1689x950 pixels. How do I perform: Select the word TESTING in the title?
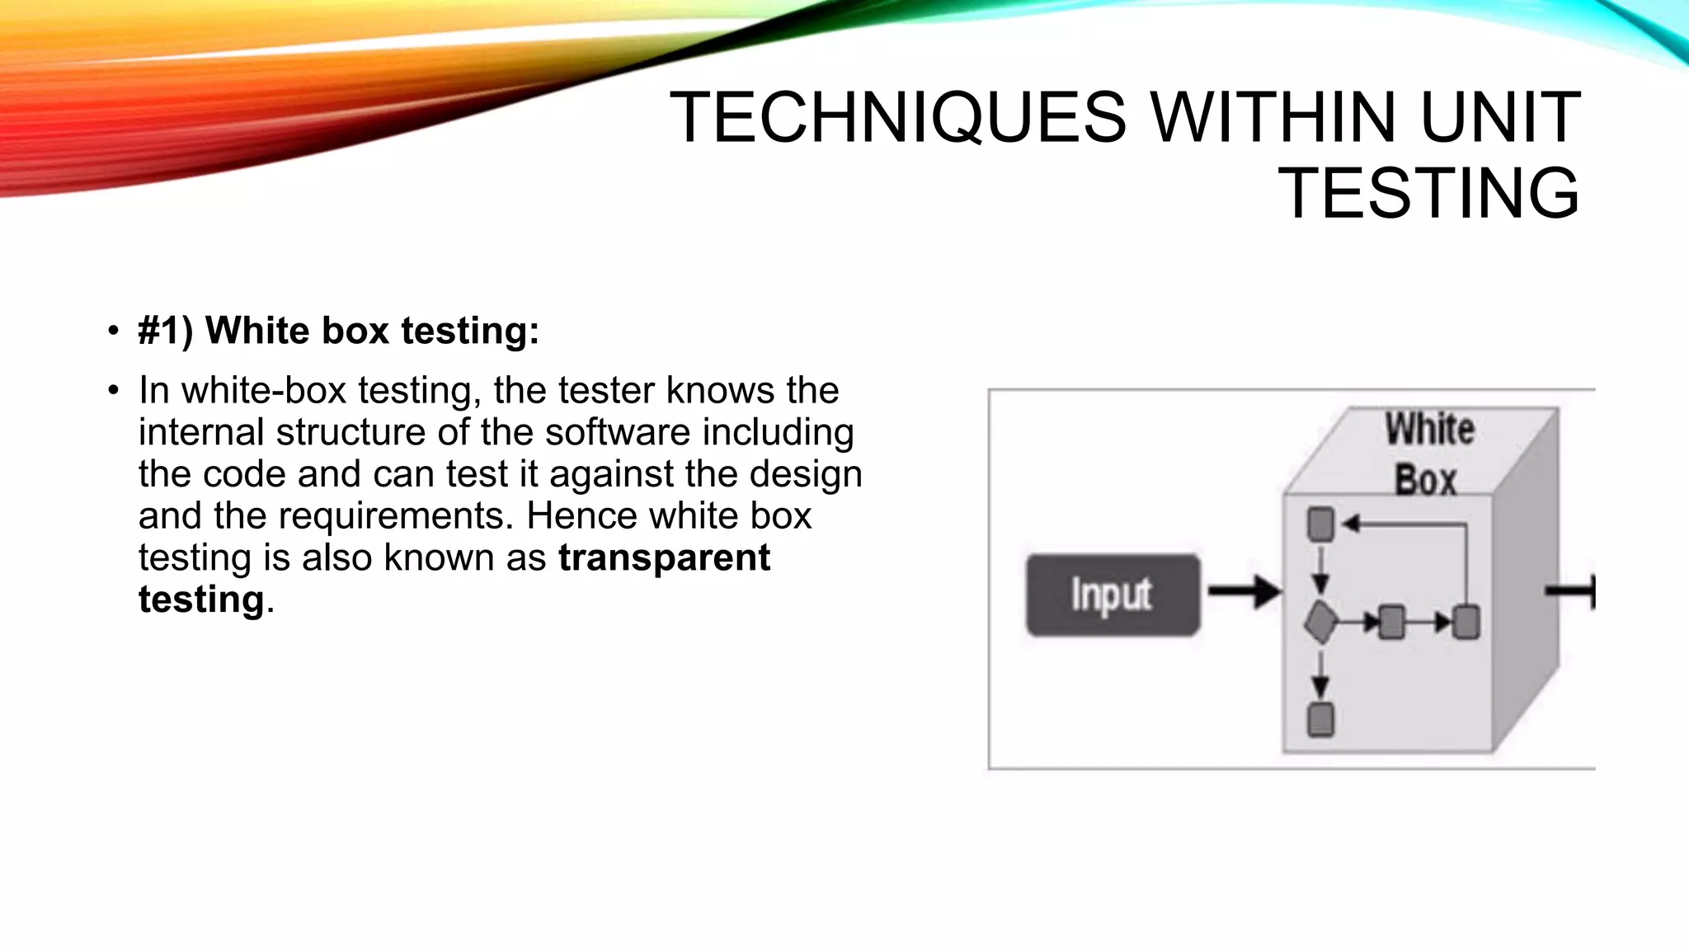click(1428, 193)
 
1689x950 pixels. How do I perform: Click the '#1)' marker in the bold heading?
click(165, 331)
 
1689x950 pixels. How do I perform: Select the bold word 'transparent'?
click(664, 558)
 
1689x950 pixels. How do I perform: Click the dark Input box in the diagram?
click(1113, 595)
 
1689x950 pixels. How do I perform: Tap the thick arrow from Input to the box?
click(1244, 591)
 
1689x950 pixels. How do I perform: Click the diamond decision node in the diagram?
click(1320, 622)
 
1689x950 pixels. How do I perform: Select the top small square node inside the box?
click(1320, 524)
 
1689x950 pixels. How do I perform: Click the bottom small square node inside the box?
click(1320, 719)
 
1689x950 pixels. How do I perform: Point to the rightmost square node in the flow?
click(1466, 622)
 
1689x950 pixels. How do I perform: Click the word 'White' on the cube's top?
click(1429, 430)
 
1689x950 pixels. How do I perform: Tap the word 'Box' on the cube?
click(1425, 480)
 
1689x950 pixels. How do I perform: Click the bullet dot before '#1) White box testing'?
click(113, 332)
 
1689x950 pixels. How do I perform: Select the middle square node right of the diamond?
click(1392, 622)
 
